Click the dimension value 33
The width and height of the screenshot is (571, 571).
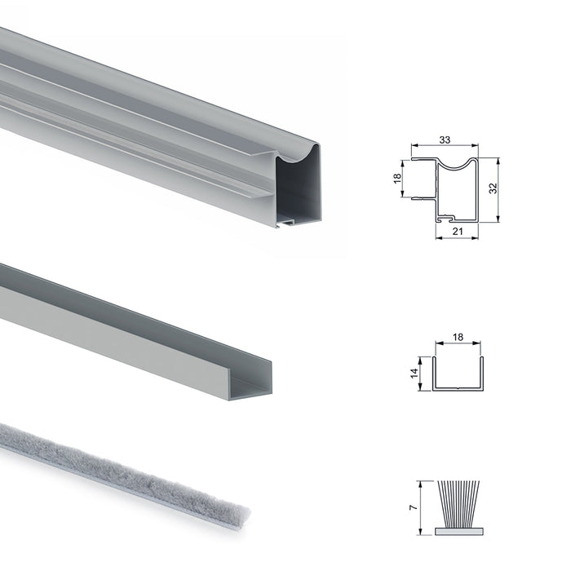[x=445, y=139]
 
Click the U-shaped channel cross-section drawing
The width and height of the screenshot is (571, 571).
[x=458, y=375]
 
